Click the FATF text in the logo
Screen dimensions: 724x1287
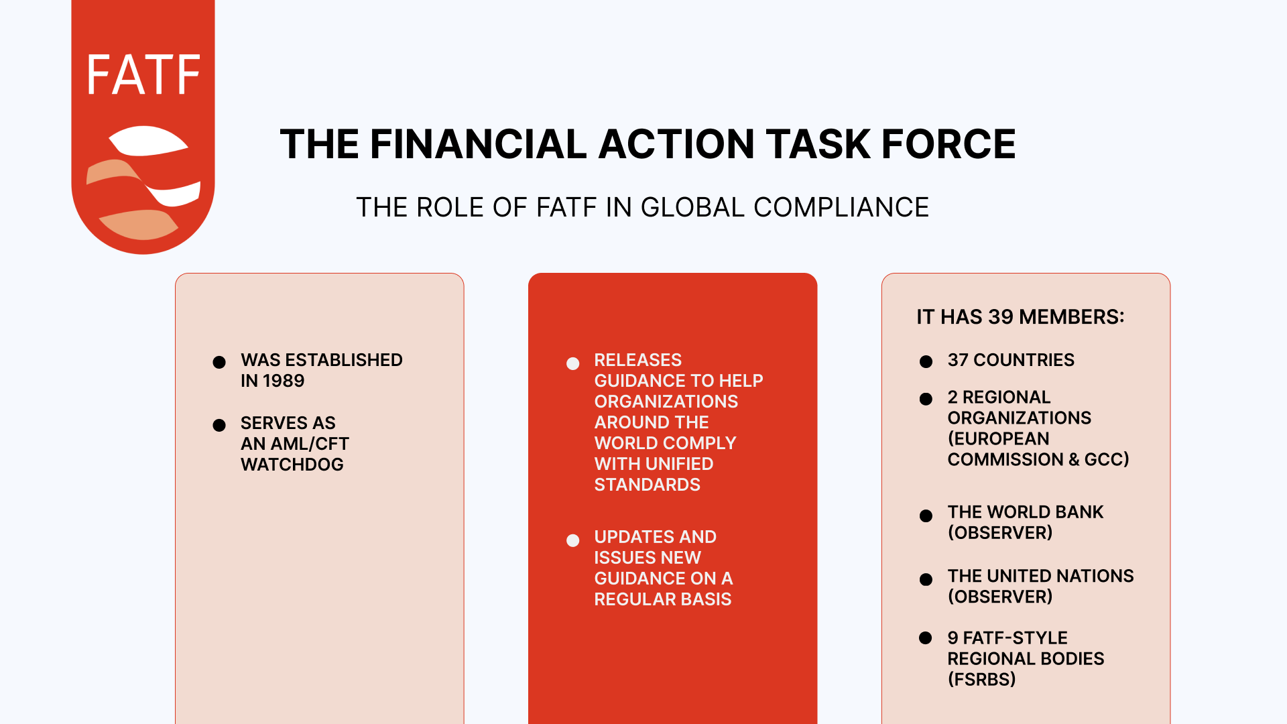[x=143, y=74]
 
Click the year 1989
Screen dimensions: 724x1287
[x=283, y=381]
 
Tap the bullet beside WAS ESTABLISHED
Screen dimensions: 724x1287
[x=219, y=363]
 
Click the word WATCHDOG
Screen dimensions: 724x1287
[x=292, y=465]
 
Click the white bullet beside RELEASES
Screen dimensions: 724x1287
[x=572, y=363]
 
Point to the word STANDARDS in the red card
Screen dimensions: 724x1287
[x=647, y=485]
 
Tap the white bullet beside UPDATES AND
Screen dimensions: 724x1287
[x=572, y=540]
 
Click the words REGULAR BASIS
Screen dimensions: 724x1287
[x=662, y=599]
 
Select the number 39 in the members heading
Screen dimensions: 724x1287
[x=1000, y=316]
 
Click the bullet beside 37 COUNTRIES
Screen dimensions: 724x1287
[x=926, y=362]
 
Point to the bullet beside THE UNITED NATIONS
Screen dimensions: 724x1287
[x=926, y=579]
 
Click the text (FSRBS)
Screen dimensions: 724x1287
[x=981, y=679]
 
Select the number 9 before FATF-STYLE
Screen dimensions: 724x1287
[x=953, y=638]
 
